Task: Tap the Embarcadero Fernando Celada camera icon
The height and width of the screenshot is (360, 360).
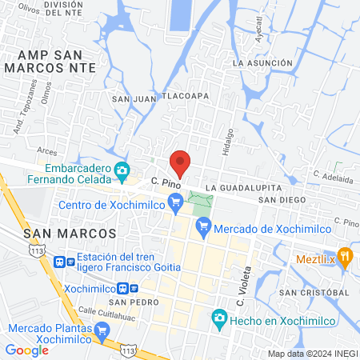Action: [x=122, y=170]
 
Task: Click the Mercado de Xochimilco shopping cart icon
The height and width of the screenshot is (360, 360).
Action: [x=204, y=228]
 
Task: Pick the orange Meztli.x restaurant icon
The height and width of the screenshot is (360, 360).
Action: [x=346, y=257]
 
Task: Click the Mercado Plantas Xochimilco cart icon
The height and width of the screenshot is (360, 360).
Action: [x=102, y=330]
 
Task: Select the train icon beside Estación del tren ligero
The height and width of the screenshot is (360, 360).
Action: [x=59, y=261]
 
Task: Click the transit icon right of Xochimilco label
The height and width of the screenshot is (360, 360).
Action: [x=133, y=289]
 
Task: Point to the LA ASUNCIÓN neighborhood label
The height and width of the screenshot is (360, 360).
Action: [x=260, y=62]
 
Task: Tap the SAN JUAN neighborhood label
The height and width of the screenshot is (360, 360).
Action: [x=132, y=98]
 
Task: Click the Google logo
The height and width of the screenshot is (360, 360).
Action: [x=26, y=350]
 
